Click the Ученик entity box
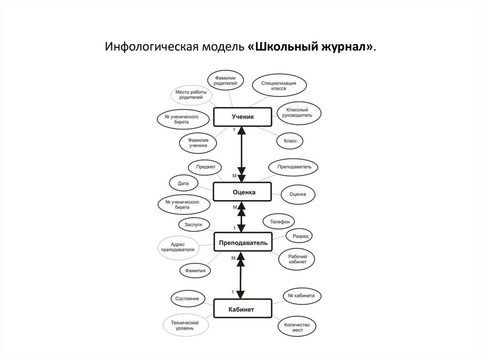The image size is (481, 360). (x=243, y=117)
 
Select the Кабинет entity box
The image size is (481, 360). (x=243, y=309)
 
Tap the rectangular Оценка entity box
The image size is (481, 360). (x=243, y=192)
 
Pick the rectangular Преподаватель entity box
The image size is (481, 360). (x=243, y=243)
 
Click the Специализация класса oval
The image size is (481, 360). (x=280, y=85)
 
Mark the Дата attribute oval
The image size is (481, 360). (x=183, y=183)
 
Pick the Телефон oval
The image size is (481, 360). (x=279, y=221)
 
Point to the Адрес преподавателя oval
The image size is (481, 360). (x=178, y=247)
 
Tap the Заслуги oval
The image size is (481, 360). (x=193, y=225)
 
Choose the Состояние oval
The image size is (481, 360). (x=187, y=299)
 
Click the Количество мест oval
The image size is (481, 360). (x=297, y=327)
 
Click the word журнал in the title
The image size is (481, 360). (x=348, y=48)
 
